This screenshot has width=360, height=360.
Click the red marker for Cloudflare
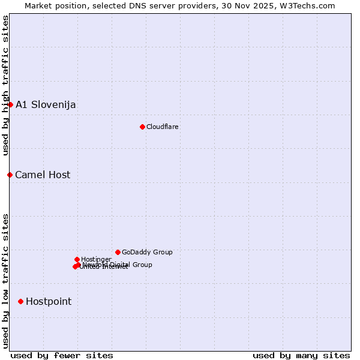pos(142,127)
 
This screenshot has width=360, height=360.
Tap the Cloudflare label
pos(163,127)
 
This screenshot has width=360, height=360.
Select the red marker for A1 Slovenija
pos(10,104)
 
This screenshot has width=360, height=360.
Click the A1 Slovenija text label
pos(46,105)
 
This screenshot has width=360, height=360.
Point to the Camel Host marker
pos(10,175)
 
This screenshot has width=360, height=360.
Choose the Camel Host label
pos(43,175)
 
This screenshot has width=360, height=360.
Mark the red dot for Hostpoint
pos(20,301)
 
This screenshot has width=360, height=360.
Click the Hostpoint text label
pos(49,302)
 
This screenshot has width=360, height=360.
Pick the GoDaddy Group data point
pos(118,252)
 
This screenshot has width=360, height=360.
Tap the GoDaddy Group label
pos(147,252)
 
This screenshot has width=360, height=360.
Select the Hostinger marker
pos(77,259)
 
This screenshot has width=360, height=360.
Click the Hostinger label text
pos(96,259)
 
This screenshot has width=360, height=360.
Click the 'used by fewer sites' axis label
pos(62,355)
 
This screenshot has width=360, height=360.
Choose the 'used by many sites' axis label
pos(301,355)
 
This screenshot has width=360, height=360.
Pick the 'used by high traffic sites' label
pos(6,86)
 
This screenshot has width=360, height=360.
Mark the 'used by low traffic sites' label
pos(6,281)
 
